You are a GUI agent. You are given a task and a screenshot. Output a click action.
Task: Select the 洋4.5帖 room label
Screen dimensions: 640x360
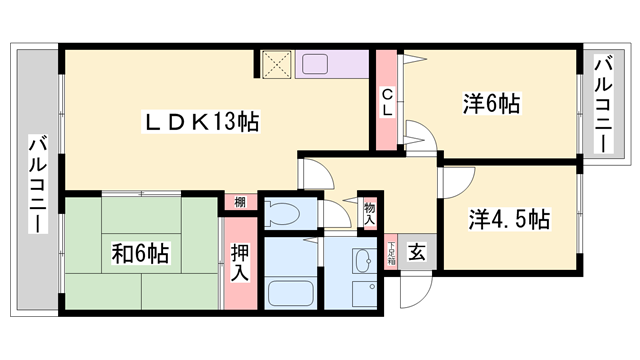point(508,217)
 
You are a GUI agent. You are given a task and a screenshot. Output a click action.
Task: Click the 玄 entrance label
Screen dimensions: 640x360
point(415,252)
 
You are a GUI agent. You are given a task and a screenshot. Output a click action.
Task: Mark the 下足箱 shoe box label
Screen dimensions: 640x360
point(391,254)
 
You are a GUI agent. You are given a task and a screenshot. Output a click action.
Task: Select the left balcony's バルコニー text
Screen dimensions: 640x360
point(38,184)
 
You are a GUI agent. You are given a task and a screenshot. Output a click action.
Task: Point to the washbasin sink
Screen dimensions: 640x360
point(364,261)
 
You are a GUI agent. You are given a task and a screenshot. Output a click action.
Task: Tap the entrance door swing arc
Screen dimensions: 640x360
point(412,290)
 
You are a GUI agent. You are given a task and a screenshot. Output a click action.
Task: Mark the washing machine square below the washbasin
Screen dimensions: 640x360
point(364,295)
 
